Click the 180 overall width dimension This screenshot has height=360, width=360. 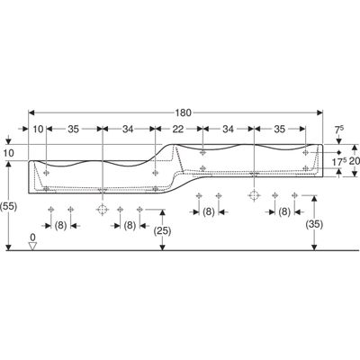click(x=183, y=112)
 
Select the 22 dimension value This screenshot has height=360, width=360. click(x=178, y=129)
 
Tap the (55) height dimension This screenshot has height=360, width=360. click(x=9, y=206)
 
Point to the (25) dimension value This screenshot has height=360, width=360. click(x=162, y=230)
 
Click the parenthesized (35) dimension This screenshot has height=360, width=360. click(x=314, y=224)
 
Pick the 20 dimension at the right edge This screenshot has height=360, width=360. click(x=355, y=161)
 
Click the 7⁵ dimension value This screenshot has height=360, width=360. click(x=339, y=130)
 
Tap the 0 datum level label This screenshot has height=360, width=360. click(x=32, y=238)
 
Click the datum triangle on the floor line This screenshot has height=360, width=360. click(x=32, y=246)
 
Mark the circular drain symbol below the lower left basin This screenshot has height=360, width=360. click(x=103, y=209)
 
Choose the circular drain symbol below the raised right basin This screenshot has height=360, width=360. click(x=254, y=195)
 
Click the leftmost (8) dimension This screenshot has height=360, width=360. click(x=60, y=226)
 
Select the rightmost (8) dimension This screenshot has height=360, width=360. click(x=284, y=211)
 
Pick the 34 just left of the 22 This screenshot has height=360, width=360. click(x=128, y=129)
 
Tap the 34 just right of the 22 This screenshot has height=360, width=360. click(x=229, y=129)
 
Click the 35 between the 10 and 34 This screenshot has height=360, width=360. click(x=73, y=129)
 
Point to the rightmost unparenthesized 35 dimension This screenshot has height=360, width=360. click(x=280, y=129)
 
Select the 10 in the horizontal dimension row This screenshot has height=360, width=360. click(x=38, y=129)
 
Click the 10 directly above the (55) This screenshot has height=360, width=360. click(x=9, y=153)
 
